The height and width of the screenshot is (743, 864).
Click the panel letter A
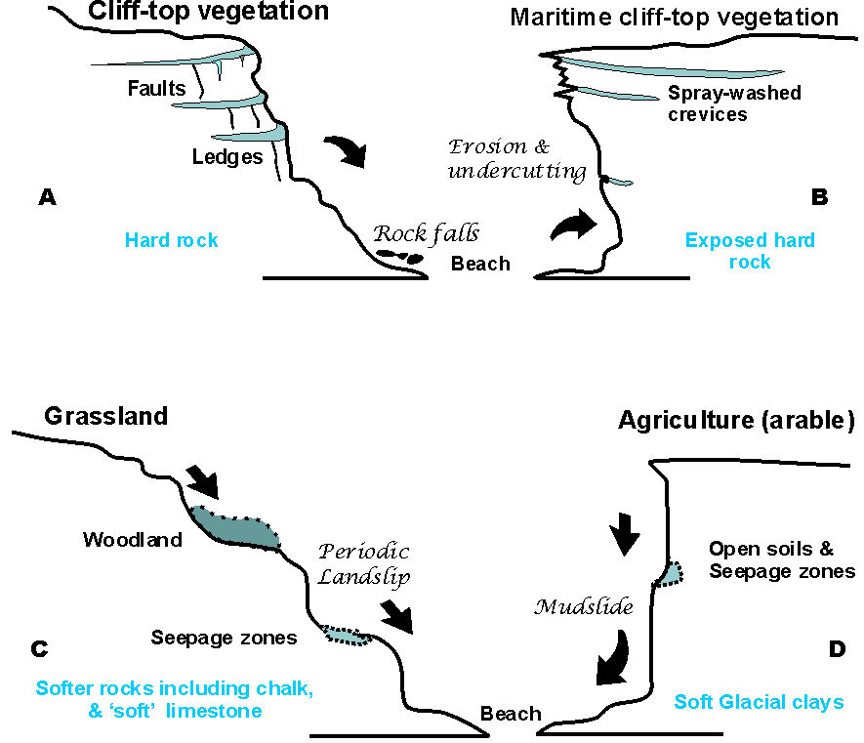(46, 197)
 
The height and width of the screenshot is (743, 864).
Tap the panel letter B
(819, 197)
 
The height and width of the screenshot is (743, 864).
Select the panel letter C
(40, 647)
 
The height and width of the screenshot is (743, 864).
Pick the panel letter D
(837, 647)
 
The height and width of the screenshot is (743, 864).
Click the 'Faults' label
(156, 89)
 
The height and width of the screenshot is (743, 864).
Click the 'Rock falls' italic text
(426, 234)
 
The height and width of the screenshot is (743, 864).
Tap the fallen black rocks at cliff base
(401, 258)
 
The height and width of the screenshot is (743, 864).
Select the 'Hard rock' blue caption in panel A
(171, 240)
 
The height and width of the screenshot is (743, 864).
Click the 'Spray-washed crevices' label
(734, 104)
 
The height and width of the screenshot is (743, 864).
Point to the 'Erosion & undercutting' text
(515, 160)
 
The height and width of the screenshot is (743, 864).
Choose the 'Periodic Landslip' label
(363, 564)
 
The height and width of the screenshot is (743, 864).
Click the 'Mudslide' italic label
(585, 607)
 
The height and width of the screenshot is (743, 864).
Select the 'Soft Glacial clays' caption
(759, 702)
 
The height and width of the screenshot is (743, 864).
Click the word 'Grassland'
(106, 417)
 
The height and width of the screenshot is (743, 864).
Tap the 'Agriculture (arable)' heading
(737, 422)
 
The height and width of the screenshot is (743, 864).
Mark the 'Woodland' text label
(132, 540)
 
